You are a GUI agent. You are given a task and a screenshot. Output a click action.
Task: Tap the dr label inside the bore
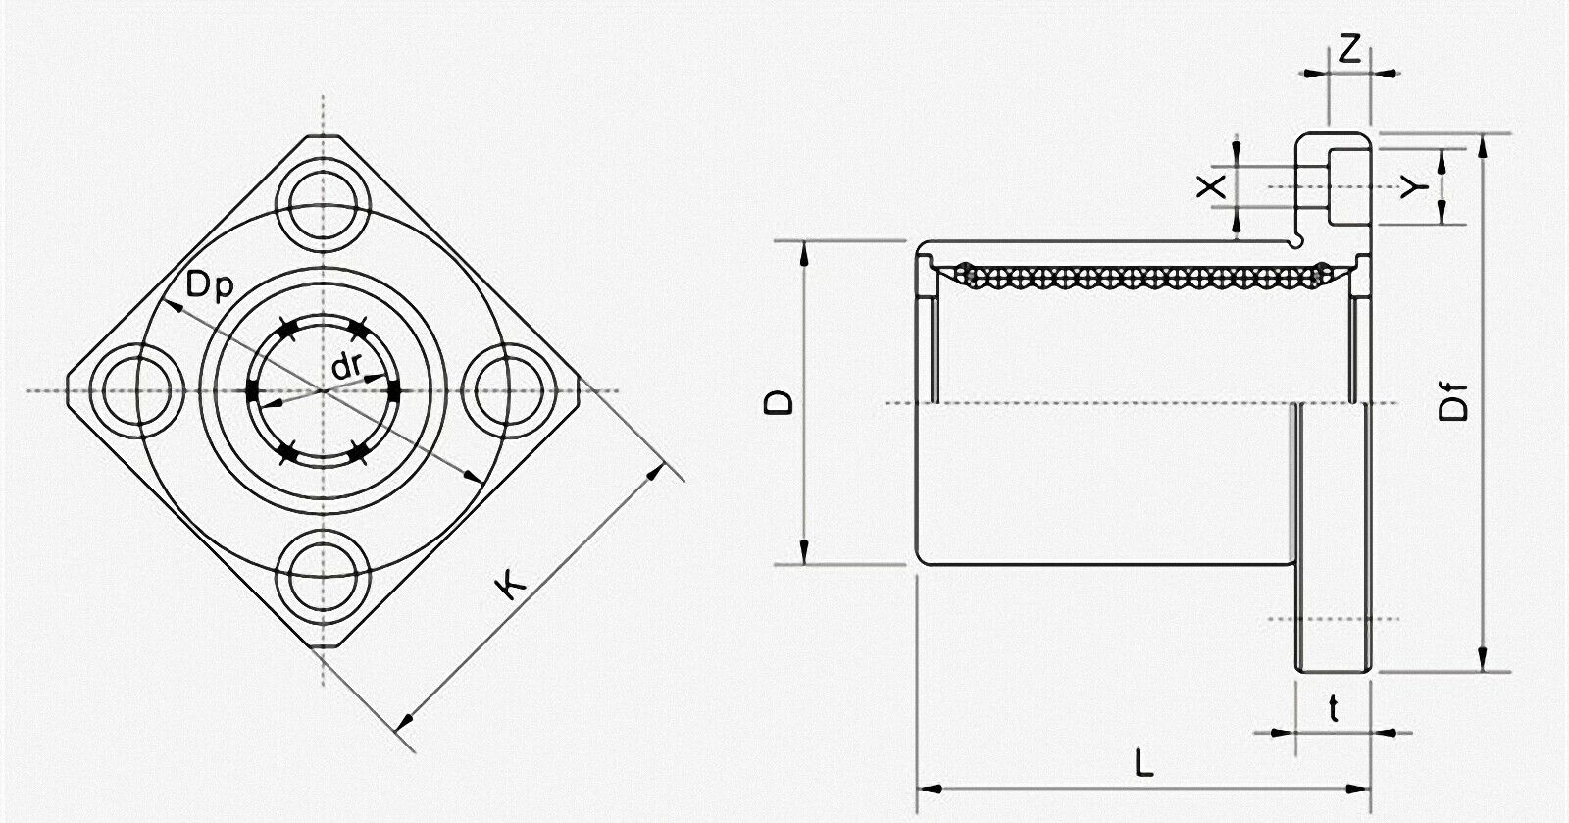coord(346,366)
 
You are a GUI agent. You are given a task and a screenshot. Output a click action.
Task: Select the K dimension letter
coord(511,584)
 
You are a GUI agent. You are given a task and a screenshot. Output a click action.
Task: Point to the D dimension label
coord(779,402)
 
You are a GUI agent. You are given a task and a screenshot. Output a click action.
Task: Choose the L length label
coord(1143,762)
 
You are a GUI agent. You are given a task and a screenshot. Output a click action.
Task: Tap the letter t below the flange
coord(1334,709)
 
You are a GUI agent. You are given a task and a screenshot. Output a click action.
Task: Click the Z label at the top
coord(1349,49)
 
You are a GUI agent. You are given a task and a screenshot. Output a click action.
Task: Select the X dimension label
coord(1211,186)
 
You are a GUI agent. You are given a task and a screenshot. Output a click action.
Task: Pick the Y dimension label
coord(1414,186)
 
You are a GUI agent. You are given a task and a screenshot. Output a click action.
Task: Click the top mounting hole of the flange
coord(323,205)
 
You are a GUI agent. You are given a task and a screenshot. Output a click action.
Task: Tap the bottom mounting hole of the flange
coord(323,576)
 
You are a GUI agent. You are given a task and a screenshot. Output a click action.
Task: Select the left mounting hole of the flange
coord(137,390)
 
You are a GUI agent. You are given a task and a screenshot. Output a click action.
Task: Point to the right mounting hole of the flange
coord(509,390)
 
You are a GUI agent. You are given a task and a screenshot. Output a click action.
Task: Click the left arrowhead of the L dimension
coord(929,789)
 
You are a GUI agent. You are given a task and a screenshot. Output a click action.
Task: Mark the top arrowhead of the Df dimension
coord(1482,148)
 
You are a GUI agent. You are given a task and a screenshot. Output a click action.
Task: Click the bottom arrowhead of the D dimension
coord(804,551)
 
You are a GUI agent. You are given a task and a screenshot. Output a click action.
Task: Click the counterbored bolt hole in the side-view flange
coord(1334,187)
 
